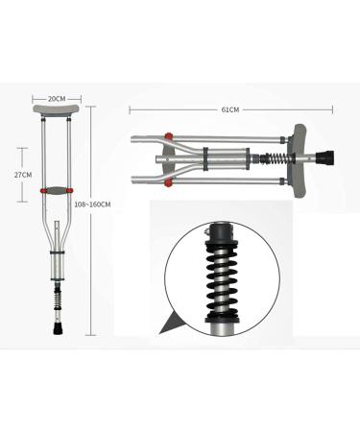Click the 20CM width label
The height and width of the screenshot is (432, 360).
tap(56, 97)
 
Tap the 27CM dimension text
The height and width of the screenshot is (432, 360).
tap(23, 174)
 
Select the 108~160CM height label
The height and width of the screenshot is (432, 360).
tap(93, 204)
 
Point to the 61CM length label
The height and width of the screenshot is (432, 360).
tap(228, 109)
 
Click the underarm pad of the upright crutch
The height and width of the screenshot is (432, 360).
tap(56, 114)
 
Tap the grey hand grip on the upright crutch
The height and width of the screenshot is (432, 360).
tap(56, 190)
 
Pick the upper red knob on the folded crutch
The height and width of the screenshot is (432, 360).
tap(168, 134)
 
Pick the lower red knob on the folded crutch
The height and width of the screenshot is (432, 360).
tap(168, 180)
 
